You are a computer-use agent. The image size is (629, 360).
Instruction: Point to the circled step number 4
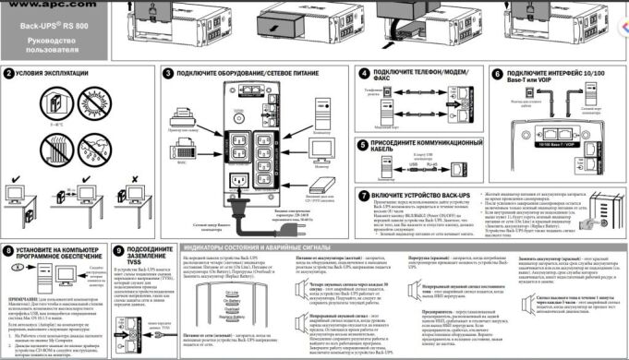(365, 72)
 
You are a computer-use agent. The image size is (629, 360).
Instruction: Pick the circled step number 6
(497, 72)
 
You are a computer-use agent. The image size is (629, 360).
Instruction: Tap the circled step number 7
(365, 196)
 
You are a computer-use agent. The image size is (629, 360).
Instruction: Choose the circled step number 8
(8, 249)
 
